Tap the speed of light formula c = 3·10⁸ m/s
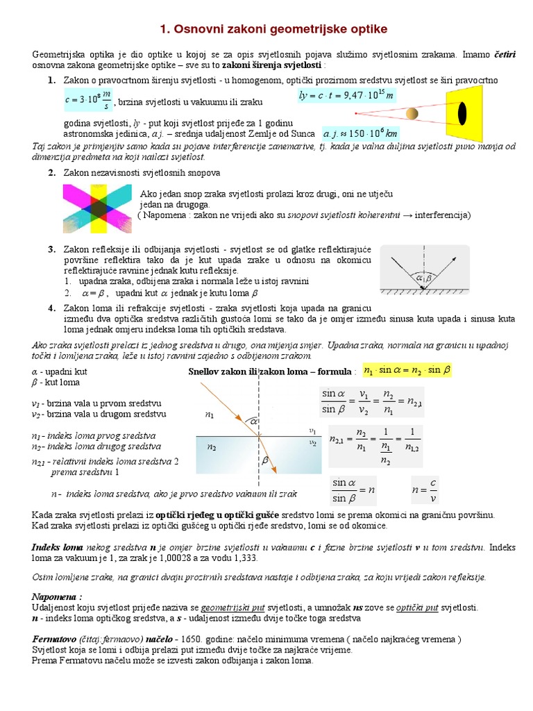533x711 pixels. [87, 101]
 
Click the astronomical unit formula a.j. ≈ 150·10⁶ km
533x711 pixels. [361, 133]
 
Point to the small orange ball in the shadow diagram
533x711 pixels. [412, 113]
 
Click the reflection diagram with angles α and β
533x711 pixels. [424, 269]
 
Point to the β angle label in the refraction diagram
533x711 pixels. [264, 460]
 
